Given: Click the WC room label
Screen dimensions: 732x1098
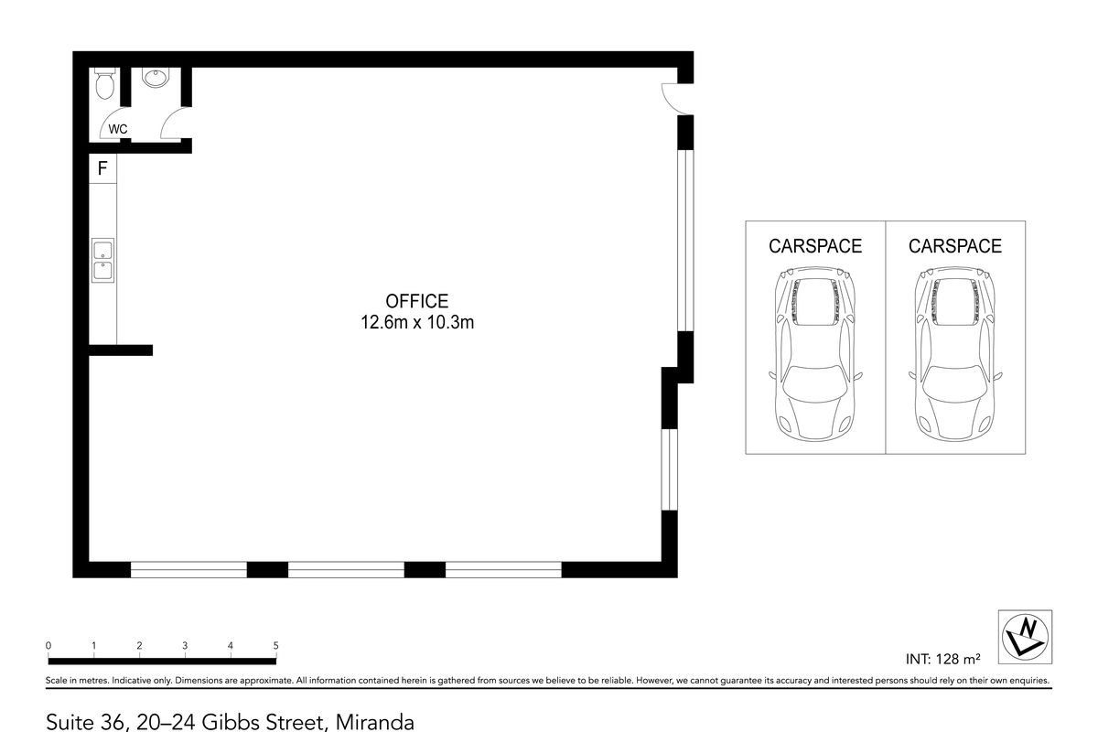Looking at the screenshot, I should [118, 129].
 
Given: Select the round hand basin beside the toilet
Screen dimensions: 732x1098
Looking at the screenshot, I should [156, 80].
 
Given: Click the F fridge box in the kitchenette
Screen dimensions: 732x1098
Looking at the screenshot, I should [102, 168].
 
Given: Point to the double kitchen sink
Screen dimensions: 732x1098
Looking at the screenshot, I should [102, 259].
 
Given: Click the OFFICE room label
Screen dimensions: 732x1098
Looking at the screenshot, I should [416, 301].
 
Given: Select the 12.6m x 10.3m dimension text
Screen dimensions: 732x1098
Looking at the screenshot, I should [416, 322].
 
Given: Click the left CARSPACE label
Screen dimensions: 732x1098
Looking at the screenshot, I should [814, 246].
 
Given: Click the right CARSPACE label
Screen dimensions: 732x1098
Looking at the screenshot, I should [954, 246].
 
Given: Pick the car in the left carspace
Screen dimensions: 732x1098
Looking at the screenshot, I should [814, 352].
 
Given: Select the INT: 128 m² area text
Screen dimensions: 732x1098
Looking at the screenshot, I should [942, 658].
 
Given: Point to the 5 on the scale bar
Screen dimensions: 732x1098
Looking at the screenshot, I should [275, 646].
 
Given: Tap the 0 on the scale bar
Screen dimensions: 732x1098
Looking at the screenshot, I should [48, 646].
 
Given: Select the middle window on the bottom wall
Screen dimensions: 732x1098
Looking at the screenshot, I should [346, 569].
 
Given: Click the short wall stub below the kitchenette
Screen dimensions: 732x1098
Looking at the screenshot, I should [120, 350].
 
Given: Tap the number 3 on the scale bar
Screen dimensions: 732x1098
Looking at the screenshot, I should [185, 646].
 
